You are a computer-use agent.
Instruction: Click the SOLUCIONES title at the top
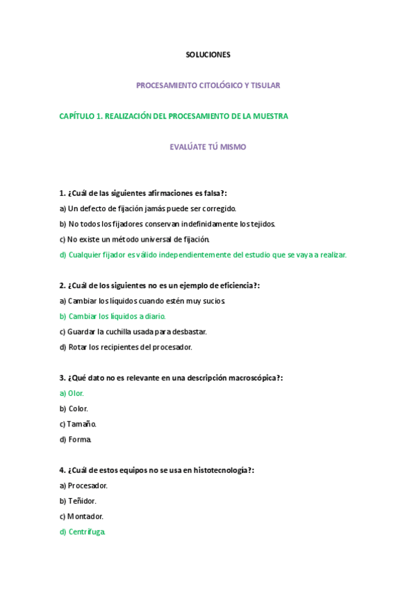208,54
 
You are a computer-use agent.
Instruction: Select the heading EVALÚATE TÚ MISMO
208,147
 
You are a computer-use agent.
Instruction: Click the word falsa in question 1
212,193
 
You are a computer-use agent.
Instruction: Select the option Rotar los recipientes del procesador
129,347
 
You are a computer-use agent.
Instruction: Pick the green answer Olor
75,393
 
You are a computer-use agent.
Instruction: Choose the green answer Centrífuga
85,531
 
